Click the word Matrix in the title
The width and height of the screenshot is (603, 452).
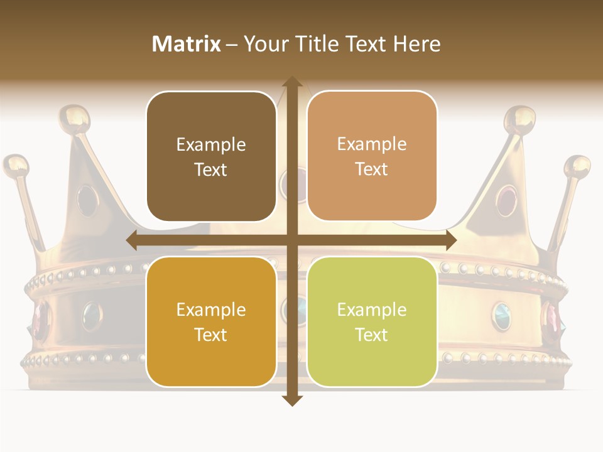tap(187, 44)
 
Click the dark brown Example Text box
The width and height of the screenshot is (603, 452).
tap(211, 156)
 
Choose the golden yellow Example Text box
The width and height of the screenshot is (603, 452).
tap(211, 321)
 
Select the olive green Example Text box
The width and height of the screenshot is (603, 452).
tap(372, 321)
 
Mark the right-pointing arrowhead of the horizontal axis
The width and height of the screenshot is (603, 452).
tap(450, 240)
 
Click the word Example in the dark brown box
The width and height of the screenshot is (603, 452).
tap(211, 145)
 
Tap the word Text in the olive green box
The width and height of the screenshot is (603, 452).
tap(372, 335)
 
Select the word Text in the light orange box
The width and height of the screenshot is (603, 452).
tap(372, 169)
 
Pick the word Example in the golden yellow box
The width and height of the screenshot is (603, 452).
tap(211, 310)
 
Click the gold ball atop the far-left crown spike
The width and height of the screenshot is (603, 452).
tap(16, 165)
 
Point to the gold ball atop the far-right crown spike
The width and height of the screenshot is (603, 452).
tap(577, 166)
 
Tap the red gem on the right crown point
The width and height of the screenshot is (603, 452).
tap(506, 200)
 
